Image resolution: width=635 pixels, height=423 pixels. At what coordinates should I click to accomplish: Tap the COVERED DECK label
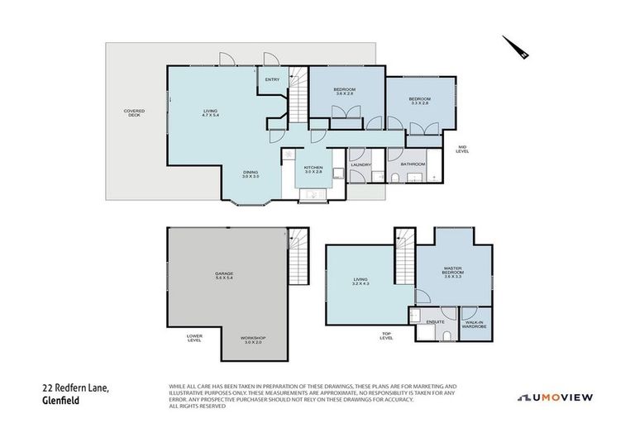point(133,113)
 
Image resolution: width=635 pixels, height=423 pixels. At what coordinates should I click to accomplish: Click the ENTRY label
point(272,79)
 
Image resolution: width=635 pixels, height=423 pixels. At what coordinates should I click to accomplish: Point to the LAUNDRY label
point(360,164)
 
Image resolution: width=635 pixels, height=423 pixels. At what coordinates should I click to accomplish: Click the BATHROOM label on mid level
point(412,164)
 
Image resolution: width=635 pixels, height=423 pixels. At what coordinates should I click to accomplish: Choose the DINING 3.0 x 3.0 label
point(251,173)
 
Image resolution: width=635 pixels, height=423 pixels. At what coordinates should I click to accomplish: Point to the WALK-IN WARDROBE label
point(474,324)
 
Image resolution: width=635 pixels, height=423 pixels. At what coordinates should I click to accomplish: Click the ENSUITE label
point(435,321)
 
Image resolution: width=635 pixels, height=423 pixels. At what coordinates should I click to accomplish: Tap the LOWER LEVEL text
point(193,338)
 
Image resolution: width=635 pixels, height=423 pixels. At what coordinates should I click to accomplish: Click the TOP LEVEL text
point(385,336)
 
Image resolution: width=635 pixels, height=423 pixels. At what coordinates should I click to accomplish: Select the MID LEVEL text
point(463,150)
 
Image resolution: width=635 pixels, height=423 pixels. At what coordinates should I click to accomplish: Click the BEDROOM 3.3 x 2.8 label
point(420,102)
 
